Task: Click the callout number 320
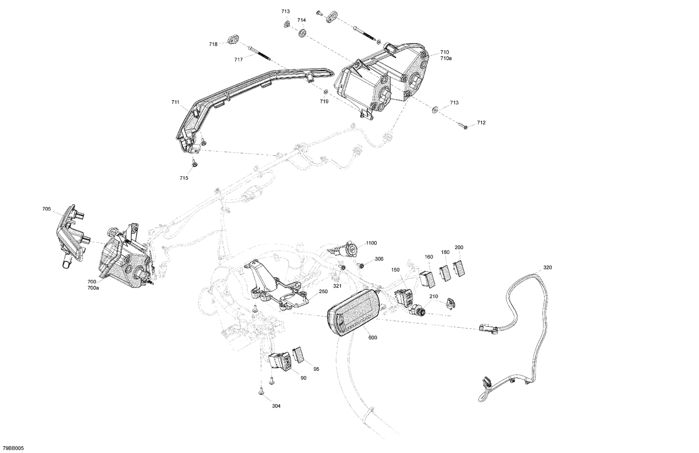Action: click(x=547, y=268)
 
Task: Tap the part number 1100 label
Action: click(x=371, y=243)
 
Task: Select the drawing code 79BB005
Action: click(x=12, y=448)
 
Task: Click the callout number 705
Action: click(x=47, y=209)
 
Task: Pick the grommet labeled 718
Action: click(x=233, y=40)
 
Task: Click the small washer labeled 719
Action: click(x=326, y=91)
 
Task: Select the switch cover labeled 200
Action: click(x=459, y=269)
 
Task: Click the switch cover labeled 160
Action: click(x=428, y=277)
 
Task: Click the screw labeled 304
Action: click(x=261, y=392)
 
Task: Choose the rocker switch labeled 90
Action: click(x=279, y=361)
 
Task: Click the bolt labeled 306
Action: click(x=361, y=265)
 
